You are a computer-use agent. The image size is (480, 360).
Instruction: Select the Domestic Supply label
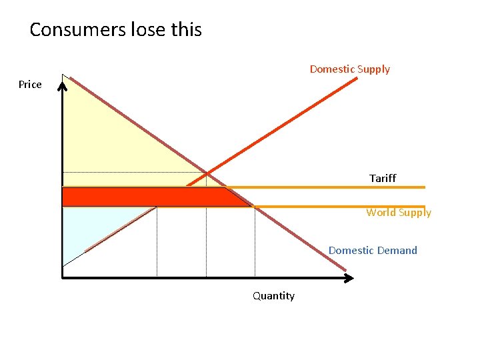349,69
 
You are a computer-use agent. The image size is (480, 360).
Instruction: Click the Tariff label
383,178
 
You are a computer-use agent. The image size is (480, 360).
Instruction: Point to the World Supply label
399,213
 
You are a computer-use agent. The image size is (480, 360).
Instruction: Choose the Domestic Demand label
373,251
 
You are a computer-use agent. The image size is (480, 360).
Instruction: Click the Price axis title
30,84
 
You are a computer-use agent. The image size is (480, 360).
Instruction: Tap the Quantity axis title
273,296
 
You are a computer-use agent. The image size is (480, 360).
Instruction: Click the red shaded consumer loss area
147,197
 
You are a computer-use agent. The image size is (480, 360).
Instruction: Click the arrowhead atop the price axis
62,83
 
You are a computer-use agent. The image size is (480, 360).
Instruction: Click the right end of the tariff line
423,187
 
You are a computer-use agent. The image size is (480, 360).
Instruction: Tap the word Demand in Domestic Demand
397,251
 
